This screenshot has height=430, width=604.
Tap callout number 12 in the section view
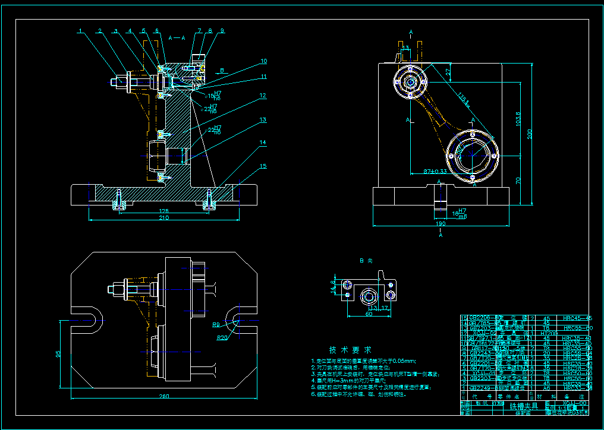point(263,94)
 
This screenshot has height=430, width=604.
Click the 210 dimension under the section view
point(163,218)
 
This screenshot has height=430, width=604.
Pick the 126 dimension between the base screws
point(163,210)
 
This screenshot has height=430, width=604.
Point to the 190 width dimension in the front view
point(441,224)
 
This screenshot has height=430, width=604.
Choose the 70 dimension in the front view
point(518,179)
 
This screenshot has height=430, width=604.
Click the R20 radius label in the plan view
point(223,337)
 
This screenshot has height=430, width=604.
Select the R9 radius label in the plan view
point(218,325)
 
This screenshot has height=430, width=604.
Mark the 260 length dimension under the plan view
point(163,396)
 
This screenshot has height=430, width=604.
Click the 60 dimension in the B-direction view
point(369,314)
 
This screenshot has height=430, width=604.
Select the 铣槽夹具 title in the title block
point(524,406)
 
